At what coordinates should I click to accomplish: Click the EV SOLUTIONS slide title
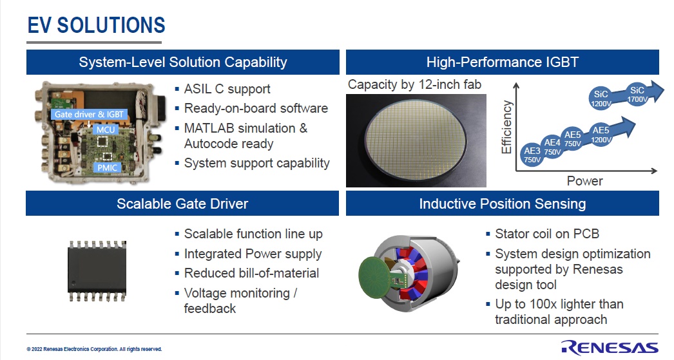click(96, 25)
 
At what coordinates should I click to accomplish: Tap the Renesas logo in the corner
click(610, 347)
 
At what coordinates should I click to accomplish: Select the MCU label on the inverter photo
click(105, 129)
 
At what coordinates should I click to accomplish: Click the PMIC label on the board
click(107, 167)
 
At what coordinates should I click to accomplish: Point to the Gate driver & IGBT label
click(89, 114)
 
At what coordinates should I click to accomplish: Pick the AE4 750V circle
click(552, 147)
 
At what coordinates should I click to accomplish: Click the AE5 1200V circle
click(601, 135)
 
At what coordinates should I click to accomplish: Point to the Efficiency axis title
click(506, 127)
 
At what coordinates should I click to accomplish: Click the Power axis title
click(584, 181)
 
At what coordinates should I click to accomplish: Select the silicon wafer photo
click(416, 140)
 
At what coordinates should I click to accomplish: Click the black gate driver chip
click(97, 270)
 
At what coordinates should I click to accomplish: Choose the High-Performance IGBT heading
click(503, 62)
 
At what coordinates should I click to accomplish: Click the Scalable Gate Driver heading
click(182, 204)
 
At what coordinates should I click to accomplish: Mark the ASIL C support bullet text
click(227, 89)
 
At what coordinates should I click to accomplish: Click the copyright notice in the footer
click(94, 349)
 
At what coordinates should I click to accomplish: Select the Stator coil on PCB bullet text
click(547, 234)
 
